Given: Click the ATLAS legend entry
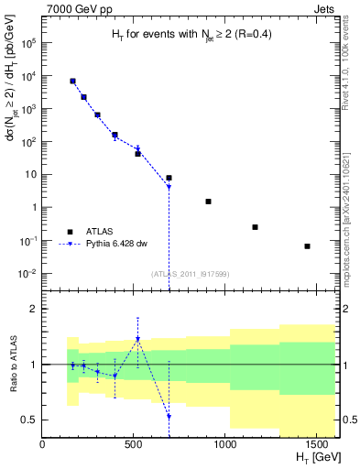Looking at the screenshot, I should (x=95, y=232).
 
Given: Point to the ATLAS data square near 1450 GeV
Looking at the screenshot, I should (x=308, y=246).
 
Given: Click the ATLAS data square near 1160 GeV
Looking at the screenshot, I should (x=255, y=227).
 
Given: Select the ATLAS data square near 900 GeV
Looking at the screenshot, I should (x=209, y=202).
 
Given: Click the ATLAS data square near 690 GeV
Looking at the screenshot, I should (x=169, y=178).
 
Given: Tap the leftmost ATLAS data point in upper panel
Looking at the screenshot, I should (x=72, y=82).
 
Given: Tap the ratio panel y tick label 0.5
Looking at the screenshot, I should (x=28, y=420).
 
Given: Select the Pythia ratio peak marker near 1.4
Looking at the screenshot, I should (x=137, y=339).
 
